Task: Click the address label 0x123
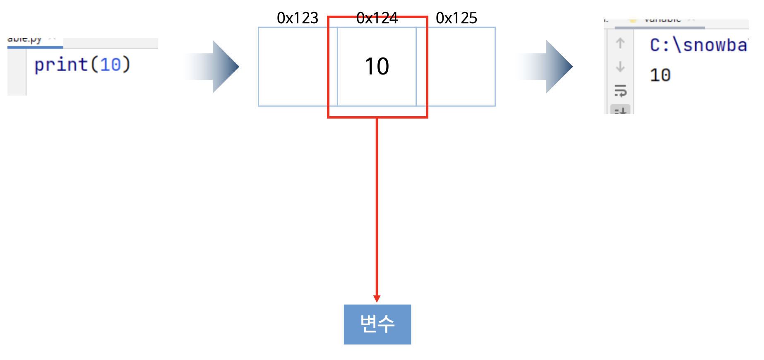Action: click(x=297, y=18)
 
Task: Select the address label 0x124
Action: click(x=377, y=18)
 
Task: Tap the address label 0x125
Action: click(x=456, y=18)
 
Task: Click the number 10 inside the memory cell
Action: click(x=377, y=66)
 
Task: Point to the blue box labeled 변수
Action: click(x=377, y=324)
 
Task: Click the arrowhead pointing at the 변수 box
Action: click(x=377, y=299)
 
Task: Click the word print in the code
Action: click(x=61, y=65)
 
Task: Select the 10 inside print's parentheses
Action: click(x=110, y=65)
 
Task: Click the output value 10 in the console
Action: click(x=660, y=75)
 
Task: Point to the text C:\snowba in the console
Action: click(x=698, y=45)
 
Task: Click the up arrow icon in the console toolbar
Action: click(x=620, y=43)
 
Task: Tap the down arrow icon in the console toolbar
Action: click(x=620, y=67)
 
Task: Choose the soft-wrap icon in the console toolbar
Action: click(x=620, y=90)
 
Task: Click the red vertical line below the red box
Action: click(x=377, y=207)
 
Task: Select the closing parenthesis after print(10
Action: click(x=126, y=65)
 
